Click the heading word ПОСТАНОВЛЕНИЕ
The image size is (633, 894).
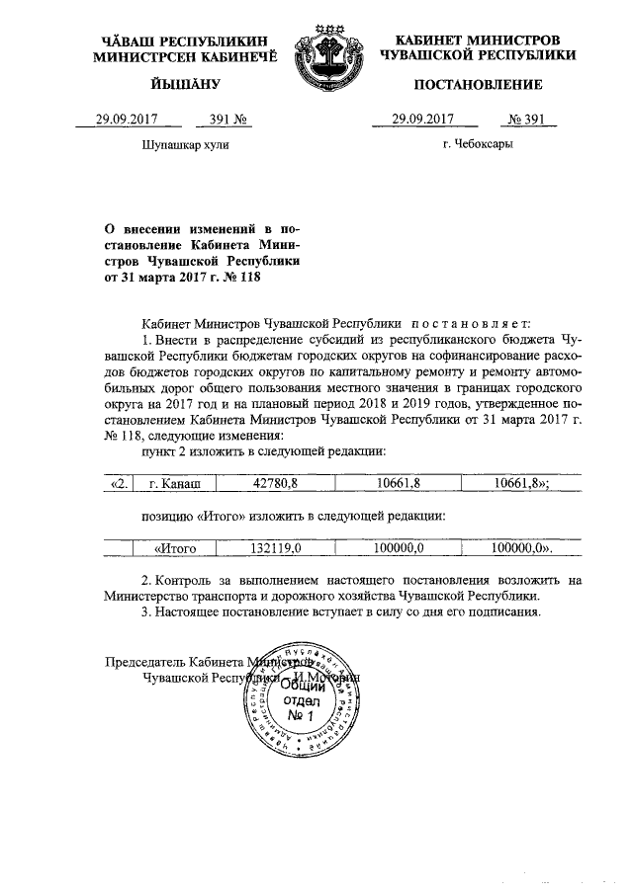click(478, 84)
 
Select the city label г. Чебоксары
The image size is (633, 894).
click(478, 145)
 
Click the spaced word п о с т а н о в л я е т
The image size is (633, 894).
click(471, 322)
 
